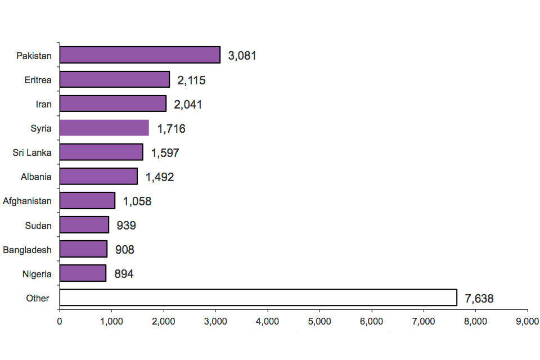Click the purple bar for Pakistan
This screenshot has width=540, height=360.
(x=139, y=55)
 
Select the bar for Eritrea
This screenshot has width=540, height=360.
(x=114, y=79)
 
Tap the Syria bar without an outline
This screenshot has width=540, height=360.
(x=104, y=128)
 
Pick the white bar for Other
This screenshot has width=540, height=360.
(x=258, y=298)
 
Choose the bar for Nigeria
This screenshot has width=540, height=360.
(x=83, y=273)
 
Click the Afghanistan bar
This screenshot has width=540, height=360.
(x=87, y=200)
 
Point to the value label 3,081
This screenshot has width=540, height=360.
(x=242, y=56)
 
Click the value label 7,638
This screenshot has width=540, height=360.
(x=479, y=299)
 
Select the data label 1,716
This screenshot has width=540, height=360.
(x=171, y=129)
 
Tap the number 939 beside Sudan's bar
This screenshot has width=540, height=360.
(x=126, y=226)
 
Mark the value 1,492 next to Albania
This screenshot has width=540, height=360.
(x=160, y=177)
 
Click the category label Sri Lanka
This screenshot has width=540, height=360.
(x=32, y=152)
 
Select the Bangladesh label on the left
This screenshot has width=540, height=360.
(x=27, y=250)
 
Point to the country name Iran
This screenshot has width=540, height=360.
(x=43, y=104)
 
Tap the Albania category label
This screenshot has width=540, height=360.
(x=35, y=177)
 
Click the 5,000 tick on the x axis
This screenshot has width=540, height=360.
(x=319, y=322)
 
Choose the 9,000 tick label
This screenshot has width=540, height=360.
(x=527, y=322)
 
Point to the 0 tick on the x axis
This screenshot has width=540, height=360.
(x=60, y=322)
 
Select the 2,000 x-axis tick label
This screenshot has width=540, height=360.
(x=163, y=322)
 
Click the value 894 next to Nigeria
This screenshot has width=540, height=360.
(x=124, y=274)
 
